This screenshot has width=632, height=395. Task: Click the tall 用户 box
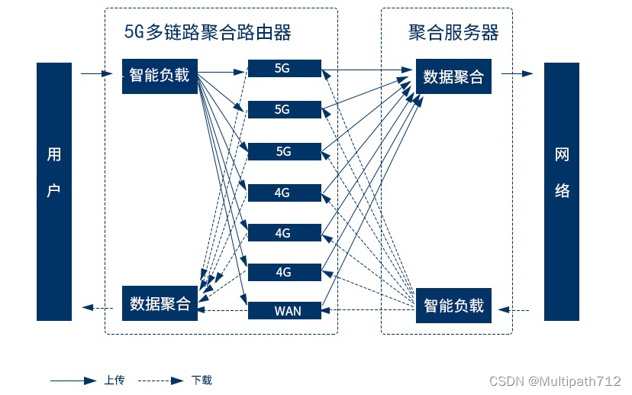point(54,191)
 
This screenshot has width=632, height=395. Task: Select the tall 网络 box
point(562,191)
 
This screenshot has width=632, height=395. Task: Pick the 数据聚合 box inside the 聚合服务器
point(453,76)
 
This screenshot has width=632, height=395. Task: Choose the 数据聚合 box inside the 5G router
point(160,303)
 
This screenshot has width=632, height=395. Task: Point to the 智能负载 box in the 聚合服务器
point(453,305)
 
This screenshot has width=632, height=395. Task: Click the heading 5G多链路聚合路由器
point(208,32)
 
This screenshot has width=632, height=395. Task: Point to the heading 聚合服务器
point(453,32)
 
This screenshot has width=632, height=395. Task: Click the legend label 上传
point(114,380)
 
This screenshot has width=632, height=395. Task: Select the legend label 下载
point(202,380)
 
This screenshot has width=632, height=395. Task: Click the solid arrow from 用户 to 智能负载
point(96,74)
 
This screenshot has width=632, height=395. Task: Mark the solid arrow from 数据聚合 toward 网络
point(518,74)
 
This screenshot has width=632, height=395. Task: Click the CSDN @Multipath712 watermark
point(554,381)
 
